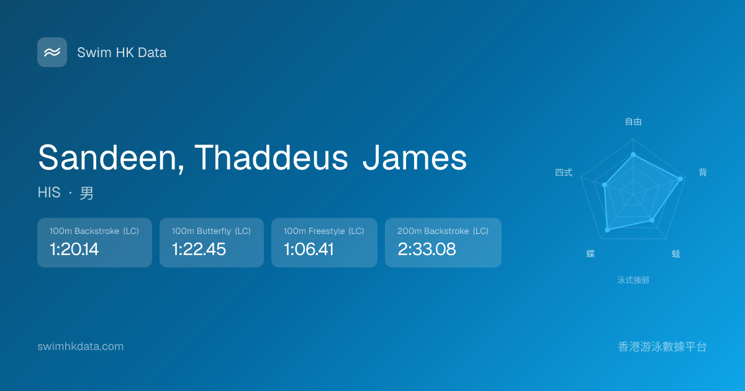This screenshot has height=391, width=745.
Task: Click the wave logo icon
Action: point(52,52)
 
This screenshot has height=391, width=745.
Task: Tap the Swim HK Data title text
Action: point(122,53)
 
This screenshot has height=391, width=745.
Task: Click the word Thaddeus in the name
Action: point(271,157)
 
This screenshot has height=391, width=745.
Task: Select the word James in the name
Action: point(415,157)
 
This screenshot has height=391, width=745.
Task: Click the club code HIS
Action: point(49,192)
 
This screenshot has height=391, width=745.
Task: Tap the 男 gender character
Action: point(86,193)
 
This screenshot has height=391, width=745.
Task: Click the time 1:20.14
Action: point(74,249)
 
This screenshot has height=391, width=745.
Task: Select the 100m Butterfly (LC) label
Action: point(211,231)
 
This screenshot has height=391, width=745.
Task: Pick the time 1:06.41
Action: point(309,249)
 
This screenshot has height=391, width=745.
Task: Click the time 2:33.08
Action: point(427,249)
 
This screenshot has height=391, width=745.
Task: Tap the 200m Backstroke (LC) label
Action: point(443,231)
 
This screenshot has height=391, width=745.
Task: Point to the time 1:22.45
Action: point(199,249)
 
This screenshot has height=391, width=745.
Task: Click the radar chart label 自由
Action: point(633,122)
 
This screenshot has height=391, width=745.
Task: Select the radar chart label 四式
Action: point(564,173)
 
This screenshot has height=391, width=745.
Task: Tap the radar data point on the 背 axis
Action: point(680,179)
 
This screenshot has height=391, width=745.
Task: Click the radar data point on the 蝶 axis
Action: point(607,230)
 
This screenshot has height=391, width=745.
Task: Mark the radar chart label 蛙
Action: point(676,254)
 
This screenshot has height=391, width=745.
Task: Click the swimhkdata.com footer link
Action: point(81,346)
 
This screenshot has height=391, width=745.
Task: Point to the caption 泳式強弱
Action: point(633,280)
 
